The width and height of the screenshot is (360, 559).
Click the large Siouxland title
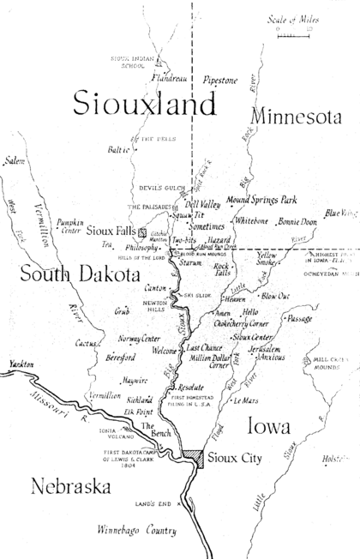(143, 104)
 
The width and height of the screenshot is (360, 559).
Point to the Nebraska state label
(71, 487)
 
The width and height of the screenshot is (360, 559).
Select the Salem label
(15, 160)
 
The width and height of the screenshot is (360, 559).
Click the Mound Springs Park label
(261, 201)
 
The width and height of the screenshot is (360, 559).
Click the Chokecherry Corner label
(227, 324)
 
